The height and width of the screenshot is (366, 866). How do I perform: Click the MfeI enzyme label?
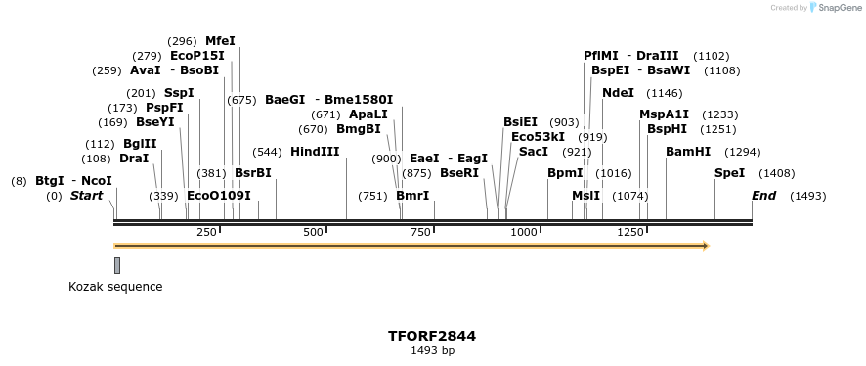pyautogui.click(x=220, y=41)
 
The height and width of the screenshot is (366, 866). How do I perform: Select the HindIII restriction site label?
pyautogui.click(x=315, y=152)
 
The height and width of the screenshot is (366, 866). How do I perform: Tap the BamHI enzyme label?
pyautogui.click(x=687, y=152)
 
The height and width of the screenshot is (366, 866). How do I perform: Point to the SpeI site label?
pyautogui.click(x=729, y=173)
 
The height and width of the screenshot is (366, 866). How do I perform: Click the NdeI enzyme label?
pyautogui.click(x=618, y=93)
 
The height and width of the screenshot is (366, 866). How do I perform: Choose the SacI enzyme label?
pyautogui.click(x=534, y=152)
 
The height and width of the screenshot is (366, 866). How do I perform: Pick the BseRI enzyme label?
pyautogui.click(x=459, y=173)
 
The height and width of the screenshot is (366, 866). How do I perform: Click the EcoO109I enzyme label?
pyautogui.click(x=219, y=196)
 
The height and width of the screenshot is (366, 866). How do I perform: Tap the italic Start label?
pyautogui.click(x=86, y=196)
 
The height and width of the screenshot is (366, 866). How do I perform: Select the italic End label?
pyautogui.click(x=763, y=196)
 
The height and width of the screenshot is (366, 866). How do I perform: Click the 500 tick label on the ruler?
pyautogui.click(x=313, y=232)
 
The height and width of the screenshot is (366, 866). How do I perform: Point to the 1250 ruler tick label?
pyautogui.click(x=630, y=232)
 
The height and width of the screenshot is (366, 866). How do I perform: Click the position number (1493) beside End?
pyautogui.click(x=808, y=196)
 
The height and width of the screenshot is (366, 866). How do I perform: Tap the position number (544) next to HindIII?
pyautogui.click(x=267, y=152)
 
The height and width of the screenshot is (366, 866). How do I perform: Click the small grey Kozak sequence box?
pyautogui.click(x=117, y=265)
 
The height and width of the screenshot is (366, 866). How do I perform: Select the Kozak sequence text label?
pyautogui.click(x=115, y=287)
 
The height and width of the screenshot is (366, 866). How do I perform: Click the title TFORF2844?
pyautogui.click(x=432, y=336)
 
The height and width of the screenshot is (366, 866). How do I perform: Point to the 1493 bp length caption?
pyautogui.click(x=432, y=350)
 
